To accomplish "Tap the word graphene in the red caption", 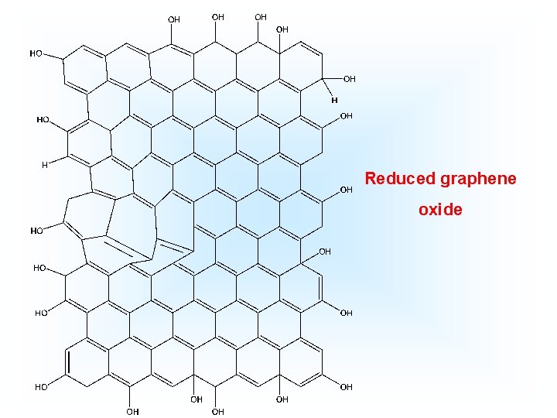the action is coord(478,180).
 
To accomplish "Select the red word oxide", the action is coord(440,210).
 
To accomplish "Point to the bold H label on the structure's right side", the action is coord(335,100).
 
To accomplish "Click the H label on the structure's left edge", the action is coord(45,164).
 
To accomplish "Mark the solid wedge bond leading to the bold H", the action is coord(327,88).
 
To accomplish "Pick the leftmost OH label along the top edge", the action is coord(174,19).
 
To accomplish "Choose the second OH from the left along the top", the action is coord(218,16).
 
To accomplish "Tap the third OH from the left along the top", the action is coord(261,16).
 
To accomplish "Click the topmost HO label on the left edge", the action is coord(36,54).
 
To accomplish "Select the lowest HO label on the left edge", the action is coord(41,386).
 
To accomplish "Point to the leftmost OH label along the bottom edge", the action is coord(133,411).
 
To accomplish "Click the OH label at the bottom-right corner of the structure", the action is coord(346,386).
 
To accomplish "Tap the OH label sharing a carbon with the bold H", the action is coord(350,79).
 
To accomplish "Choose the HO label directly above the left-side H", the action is coord(43,120).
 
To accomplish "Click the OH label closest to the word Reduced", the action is coord(347,189).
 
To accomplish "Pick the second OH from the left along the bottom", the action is coord(196,399).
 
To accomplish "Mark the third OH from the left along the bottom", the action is coord(218,411).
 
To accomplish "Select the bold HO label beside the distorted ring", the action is coord(36,231).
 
